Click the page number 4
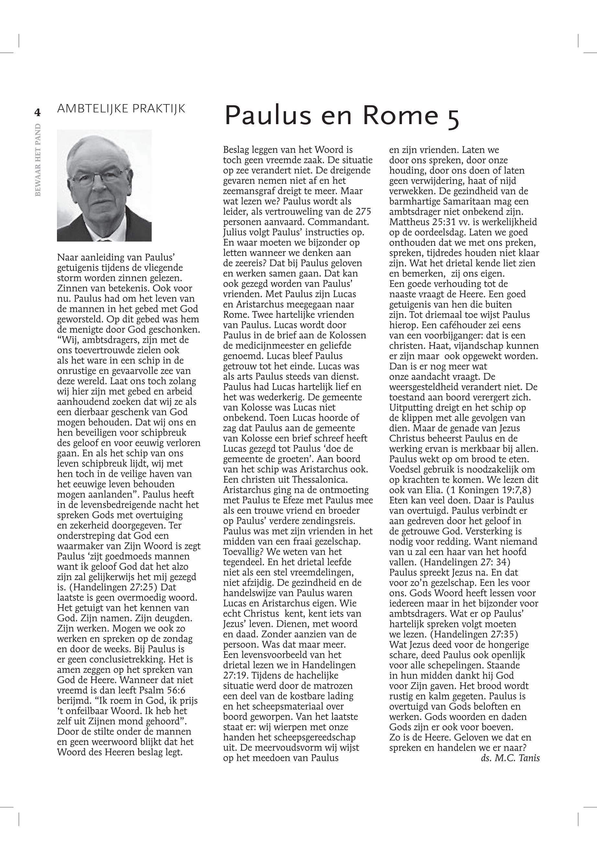[38, 112]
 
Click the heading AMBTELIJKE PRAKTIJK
[121, 109]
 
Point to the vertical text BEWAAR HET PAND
[38, 160]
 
